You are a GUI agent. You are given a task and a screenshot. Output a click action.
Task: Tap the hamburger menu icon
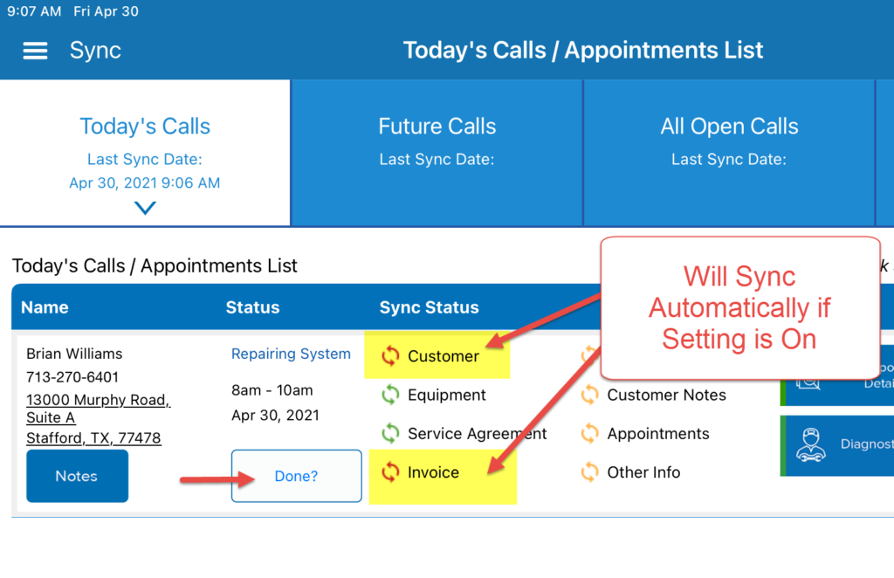(35, 51)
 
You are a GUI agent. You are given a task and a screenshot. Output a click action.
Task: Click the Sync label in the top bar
(95, 51)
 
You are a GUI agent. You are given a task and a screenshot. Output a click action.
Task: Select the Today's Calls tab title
(145, 127)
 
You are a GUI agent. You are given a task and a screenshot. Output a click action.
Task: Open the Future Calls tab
(437, 127)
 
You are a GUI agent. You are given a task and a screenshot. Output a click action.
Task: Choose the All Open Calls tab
(729, 127)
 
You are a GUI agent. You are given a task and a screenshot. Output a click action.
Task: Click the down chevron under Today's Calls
(145, 208)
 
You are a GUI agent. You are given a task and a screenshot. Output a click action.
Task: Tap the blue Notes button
(77, 476)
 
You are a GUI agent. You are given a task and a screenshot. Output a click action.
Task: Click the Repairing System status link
(291, 354)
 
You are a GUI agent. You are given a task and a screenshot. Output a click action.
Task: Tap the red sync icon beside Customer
(390, 355)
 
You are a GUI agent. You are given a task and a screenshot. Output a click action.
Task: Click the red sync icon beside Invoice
(390, 472)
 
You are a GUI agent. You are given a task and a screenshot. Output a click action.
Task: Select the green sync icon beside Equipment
(390, 395)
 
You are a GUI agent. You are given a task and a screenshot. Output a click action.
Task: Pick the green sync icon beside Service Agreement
(390, 433)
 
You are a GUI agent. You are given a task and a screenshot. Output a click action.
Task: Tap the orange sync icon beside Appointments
(590, 433)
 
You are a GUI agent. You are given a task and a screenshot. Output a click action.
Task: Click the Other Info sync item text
(643, 472)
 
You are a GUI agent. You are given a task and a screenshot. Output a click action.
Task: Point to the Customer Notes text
(666, 395)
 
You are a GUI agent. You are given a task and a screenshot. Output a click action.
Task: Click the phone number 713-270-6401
(72, 377)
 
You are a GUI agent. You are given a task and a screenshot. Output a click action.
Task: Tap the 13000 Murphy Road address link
(98, 400)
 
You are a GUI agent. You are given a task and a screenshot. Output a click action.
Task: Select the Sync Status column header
(429, 307)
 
